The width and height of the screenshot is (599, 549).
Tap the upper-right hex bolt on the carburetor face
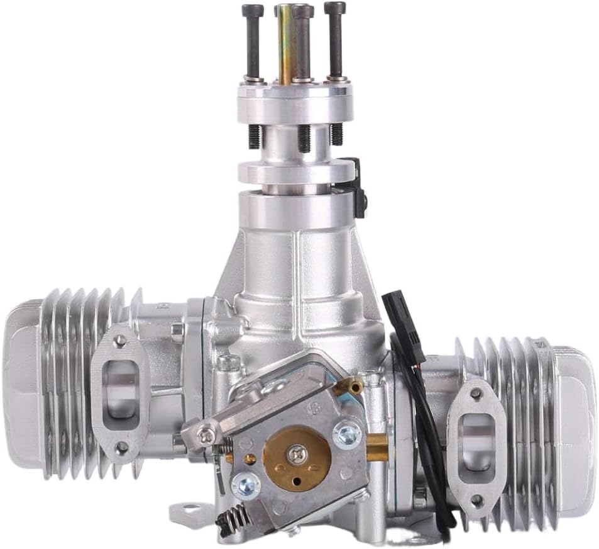(346, 433)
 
